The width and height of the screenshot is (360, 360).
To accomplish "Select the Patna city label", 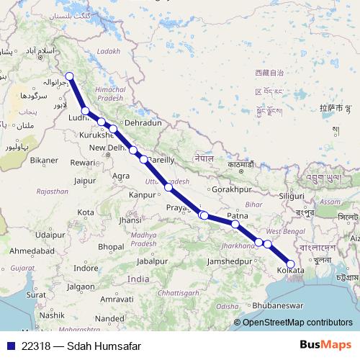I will tap(238, 215).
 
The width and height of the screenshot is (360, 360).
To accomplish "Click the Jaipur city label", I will tap(85, 180).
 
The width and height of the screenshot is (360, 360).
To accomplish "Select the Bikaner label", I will tap(43, 158).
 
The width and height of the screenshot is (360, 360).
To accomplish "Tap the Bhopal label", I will tap(110, 246).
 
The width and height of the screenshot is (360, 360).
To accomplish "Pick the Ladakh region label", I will tap(109, 51).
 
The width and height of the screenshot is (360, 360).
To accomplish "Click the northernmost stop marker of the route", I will tap(70, 77).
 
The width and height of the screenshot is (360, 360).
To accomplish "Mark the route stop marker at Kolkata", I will tap(290, 265).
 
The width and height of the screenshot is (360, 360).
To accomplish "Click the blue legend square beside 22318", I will tap(8, 346).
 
